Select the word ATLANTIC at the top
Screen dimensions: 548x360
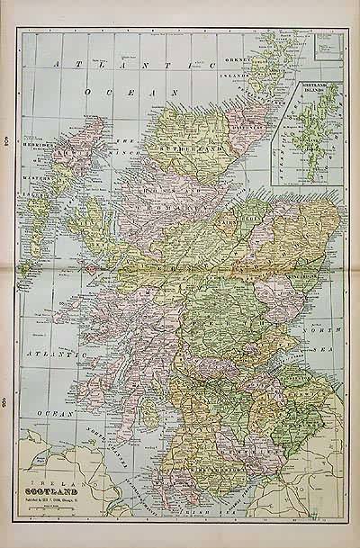(131, 65)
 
